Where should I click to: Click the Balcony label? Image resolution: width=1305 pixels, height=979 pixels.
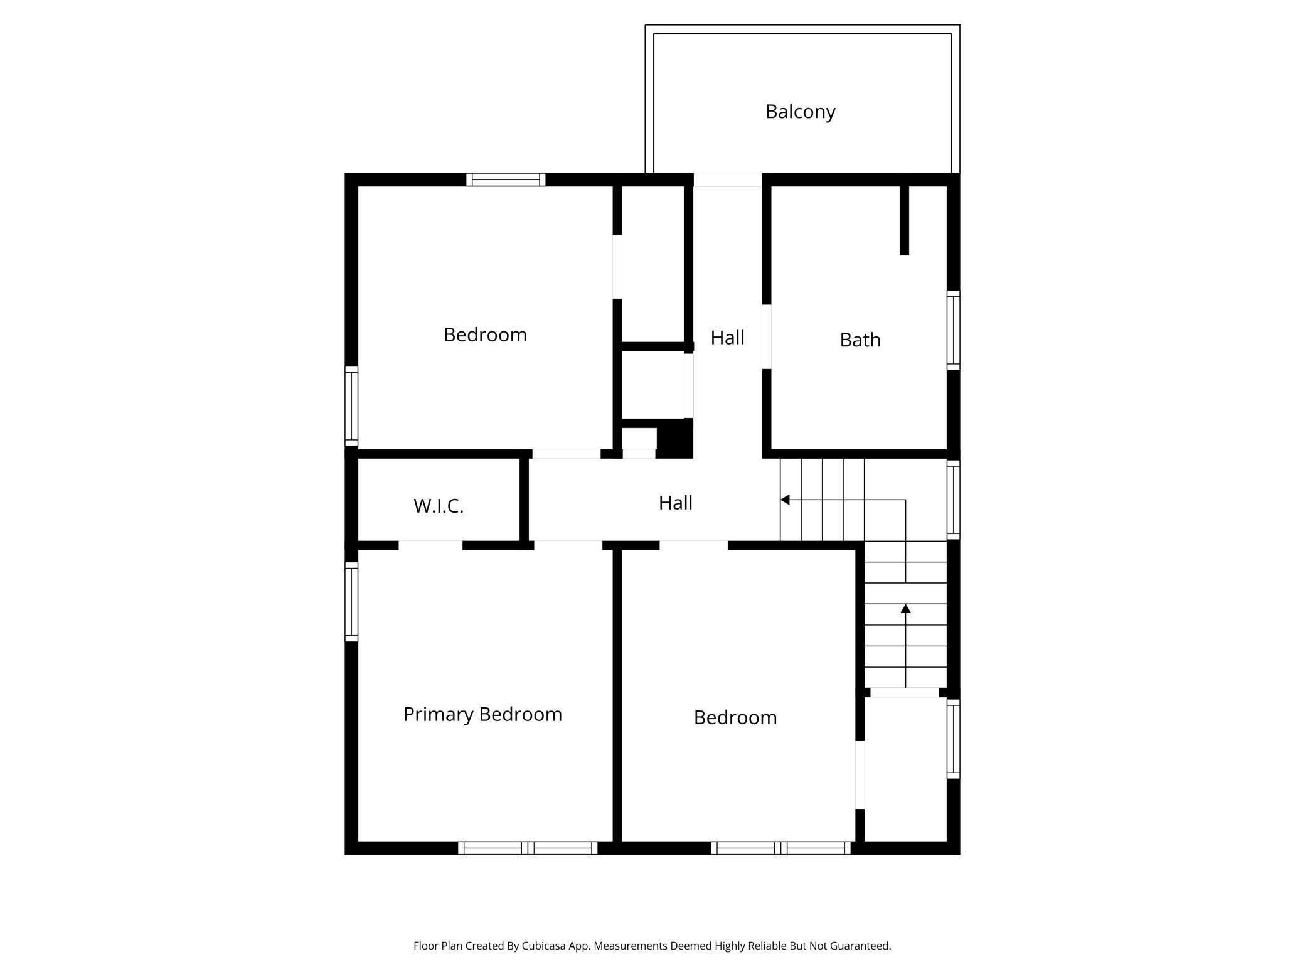pos(800,112)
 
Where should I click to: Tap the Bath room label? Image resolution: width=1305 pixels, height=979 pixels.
pos(860,340)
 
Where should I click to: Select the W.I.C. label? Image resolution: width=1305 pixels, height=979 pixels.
pos(438,506)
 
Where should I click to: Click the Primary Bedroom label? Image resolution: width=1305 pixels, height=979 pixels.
pos(482,714)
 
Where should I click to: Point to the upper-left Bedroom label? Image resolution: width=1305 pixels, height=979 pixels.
pos(485,334)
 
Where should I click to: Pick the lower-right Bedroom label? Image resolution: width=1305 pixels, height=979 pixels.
pos(735,717)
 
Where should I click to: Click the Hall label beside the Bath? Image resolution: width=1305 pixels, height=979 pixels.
pos(727,338)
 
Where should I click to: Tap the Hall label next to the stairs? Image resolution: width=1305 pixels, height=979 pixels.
pos(675,503)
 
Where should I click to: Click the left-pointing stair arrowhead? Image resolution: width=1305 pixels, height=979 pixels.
pos(785,500)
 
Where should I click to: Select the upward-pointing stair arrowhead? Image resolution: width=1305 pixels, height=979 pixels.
pos(905,609)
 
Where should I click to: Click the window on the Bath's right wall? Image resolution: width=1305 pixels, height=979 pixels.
pos(953,330)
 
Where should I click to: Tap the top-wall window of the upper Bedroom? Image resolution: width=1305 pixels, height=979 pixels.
pos(506,179)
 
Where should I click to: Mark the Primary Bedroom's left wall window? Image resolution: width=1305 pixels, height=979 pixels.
pos(351,601)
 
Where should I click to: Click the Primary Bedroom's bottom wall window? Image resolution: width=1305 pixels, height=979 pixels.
pos(527,848)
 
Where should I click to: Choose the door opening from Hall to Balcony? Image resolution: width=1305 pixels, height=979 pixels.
pos(727,179)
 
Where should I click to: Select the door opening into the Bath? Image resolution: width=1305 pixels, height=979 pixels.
pos(766,336)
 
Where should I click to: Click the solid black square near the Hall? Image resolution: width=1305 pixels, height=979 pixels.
pos(674,437)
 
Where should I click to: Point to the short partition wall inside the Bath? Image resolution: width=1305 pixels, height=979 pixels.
pos(904,220)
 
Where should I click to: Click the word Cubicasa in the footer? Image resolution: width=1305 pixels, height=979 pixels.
pos(544,946)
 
